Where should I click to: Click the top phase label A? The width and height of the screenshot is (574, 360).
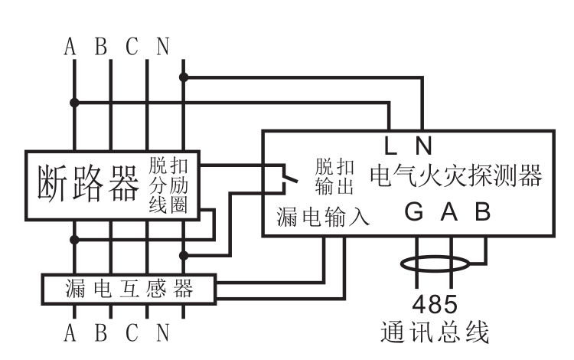pyautogui.click(x=71, y=47)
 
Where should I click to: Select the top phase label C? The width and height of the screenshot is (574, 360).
pyautogui.click(x=132, y=47)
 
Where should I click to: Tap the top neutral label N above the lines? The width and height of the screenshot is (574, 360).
pyautogui.click(x=163, y=47)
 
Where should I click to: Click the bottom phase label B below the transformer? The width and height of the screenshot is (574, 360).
pyautogui.click(x=101, y=335)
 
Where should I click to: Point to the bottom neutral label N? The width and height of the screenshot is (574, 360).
pyautogui.click(x=163, y=335)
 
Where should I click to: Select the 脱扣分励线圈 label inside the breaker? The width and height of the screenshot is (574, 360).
pyautogui.click(x=173, y=185)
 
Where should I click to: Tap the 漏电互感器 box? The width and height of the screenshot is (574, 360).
pyautogui.click(x=128, y=290)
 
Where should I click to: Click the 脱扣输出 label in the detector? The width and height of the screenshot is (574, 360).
pyautogui.click(x=334, y=177)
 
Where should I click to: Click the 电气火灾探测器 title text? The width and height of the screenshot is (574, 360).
pyautogui.click(x=456, y=176)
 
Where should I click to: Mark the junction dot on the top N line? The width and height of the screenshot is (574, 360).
pyautogui.click(x=183, y=77)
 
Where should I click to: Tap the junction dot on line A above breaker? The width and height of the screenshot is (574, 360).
pyautogui.click(x=73, y=102)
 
